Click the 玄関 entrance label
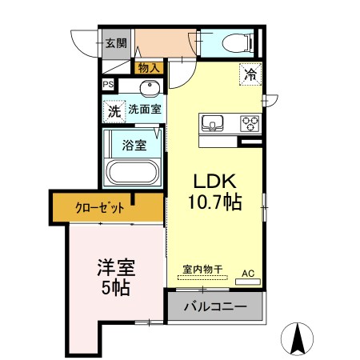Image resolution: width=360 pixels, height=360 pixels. click(x=115, y=43)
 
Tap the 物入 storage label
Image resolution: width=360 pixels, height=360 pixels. click(x=148, y=69)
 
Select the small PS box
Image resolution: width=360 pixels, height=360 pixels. click(x=107, y=84)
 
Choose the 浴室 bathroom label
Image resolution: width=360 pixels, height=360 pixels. click(x=134, y=146)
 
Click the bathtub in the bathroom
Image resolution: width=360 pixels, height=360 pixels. click(x=134, y=172)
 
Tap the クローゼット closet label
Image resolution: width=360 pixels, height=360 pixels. click(x=99, y=208)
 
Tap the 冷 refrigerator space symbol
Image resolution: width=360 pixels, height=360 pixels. click(x=250, y=76)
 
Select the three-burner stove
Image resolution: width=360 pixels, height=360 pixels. click(x=250, y=123)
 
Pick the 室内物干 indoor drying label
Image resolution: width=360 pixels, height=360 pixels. click(x=200, y=270)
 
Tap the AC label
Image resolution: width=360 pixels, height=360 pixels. click(x=249, y=273)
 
